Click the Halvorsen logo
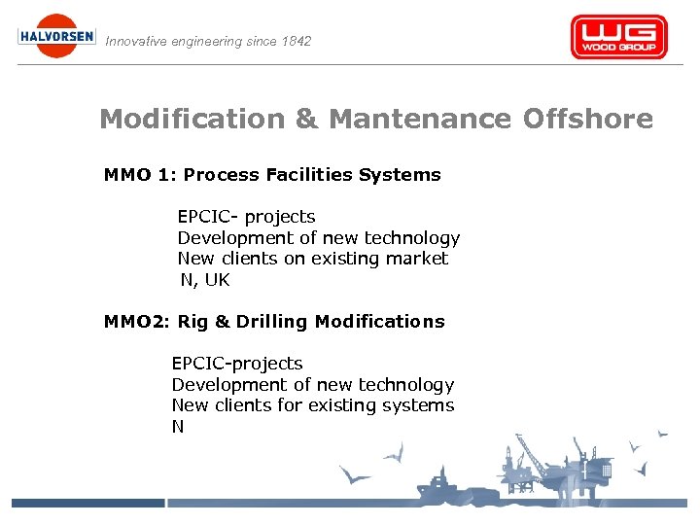tap(57, 36)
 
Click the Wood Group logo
tap(618, 37)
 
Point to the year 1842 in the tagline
tap(295, 42)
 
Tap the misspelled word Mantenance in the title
tap(421, 120)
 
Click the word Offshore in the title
tap(588, 120)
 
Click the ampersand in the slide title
tap(306, 120)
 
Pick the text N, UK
tap(205, 280)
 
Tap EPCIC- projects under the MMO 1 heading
tap(246, 217)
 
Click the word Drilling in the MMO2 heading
tap(271, 322)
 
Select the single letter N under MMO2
tap(178, 427)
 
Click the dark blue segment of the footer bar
tap(87, 503)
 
